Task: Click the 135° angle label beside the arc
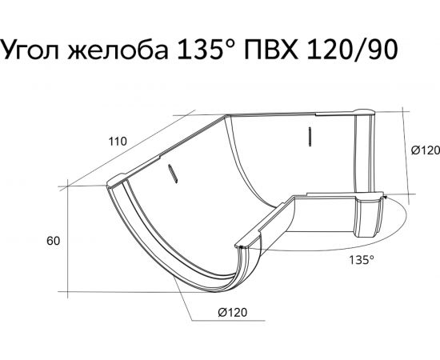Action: click(361, 258)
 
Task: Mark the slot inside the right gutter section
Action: click(307, 136)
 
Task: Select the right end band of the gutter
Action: click(370, 216)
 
